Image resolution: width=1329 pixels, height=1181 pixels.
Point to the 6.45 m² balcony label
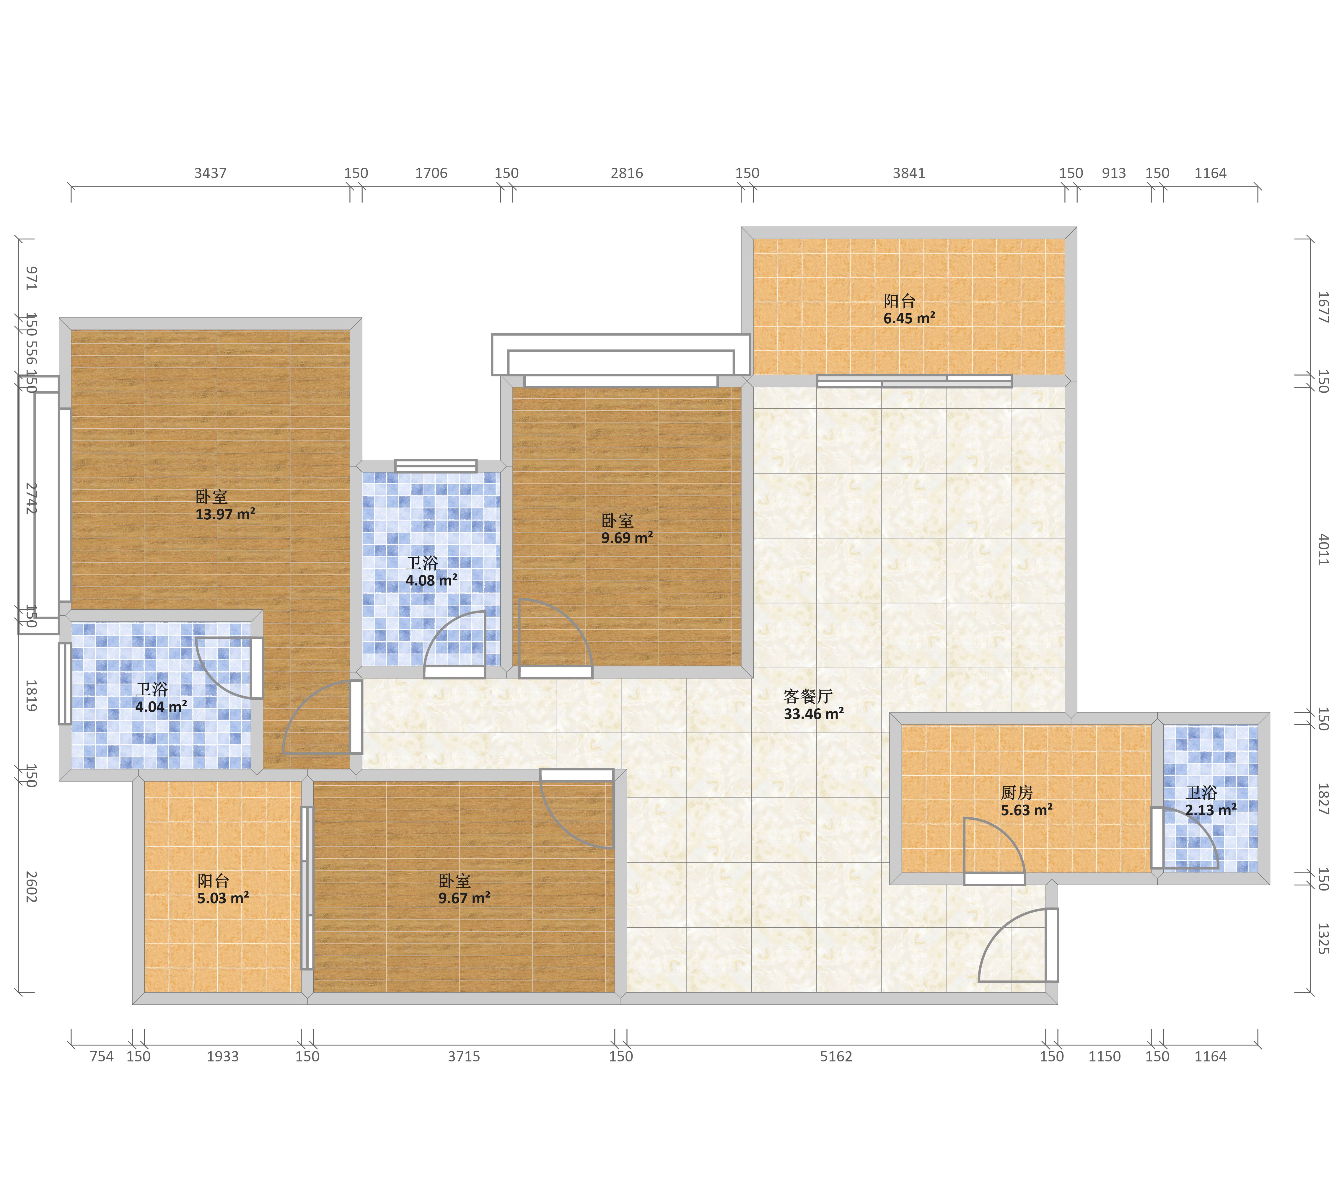(909, 309)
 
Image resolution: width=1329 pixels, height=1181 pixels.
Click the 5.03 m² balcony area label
(223, 889)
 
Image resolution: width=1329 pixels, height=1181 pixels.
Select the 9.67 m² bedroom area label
(464, 889)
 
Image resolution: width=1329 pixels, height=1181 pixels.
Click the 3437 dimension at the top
(211, 173)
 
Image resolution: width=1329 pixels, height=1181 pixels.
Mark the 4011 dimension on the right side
(1323, 549)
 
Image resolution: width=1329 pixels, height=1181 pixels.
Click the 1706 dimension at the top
(431, 173)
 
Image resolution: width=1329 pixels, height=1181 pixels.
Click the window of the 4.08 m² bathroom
(436, 465)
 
